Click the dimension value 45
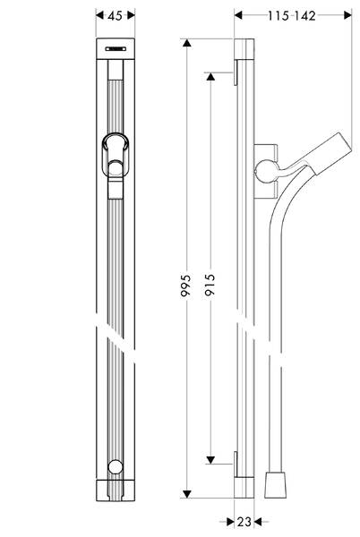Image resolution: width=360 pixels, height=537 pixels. tap(114, 15)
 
